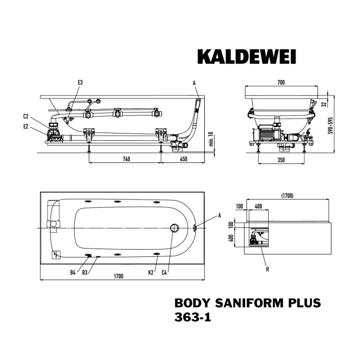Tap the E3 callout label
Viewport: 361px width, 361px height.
80,82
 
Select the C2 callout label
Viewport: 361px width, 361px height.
26,116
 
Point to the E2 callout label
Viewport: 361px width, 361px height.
26,126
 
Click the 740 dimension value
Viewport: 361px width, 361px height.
126,158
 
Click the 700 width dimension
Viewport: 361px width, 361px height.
281,83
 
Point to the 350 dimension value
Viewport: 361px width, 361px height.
281,160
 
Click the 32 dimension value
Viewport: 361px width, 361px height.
324,104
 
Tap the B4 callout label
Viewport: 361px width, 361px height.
73,272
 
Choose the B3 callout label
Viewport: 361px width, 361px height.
85,272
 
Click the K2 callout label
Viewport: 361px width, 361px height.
151,272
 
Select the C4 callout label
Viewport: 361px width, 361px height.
165,272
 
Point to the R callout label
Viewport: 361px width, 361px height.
267,268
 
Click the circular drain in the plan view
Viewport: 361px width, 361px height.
174,228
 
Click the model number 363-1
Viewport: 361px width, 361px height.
192,318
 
